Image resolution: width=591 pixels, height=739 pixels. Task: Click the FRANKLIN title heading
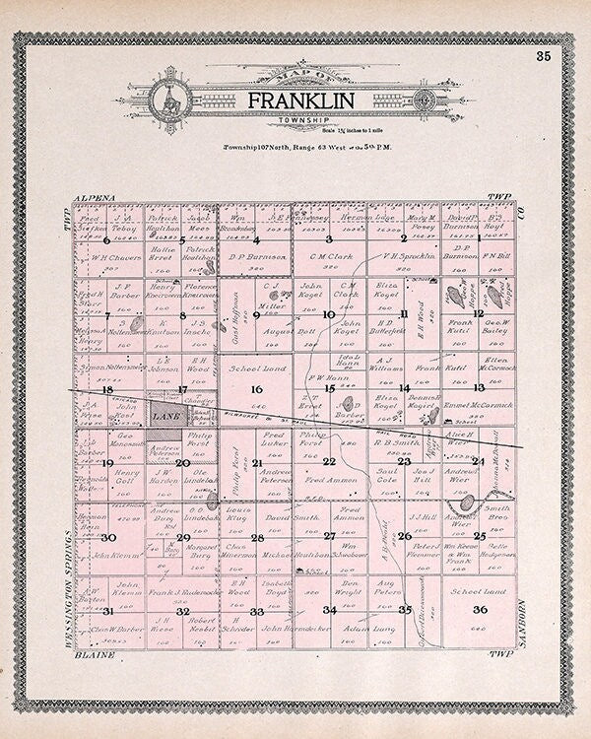click(x=295, y=102)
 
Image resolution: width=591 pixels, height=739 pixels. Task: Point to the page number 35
click(x=544, y=55)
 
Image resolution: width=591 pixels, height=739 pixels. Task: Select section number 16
click(x=257, y=391)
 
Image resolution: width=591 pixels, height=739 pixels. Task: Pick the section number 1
click(x=480, y=239)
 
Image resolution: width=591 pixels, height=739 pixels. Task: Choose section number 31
click(x=108, y=612)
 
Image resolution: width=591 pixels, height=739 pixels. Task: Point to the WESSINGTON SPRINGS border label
click(x=65, y=581)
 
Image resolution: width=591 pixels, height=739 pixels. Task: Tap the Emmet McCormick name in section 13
click(x=480, y=404)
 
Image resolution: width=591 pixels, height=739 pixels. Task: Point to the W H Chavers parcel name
click(x=119, y=259)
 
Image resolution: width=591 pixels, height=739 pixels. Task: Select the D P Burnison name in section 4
click(x=257, y=259)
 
